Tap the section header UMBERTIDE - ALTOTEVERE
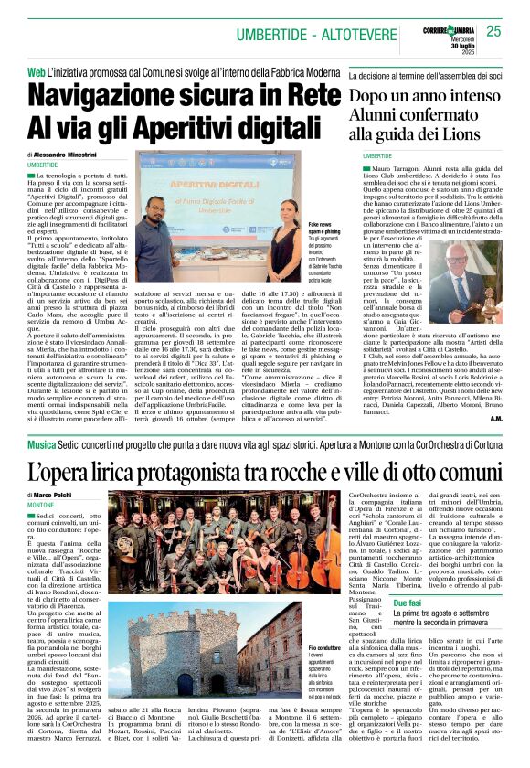click(x=302, y=34)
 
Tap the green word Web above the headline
click(x=36, y=72)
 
